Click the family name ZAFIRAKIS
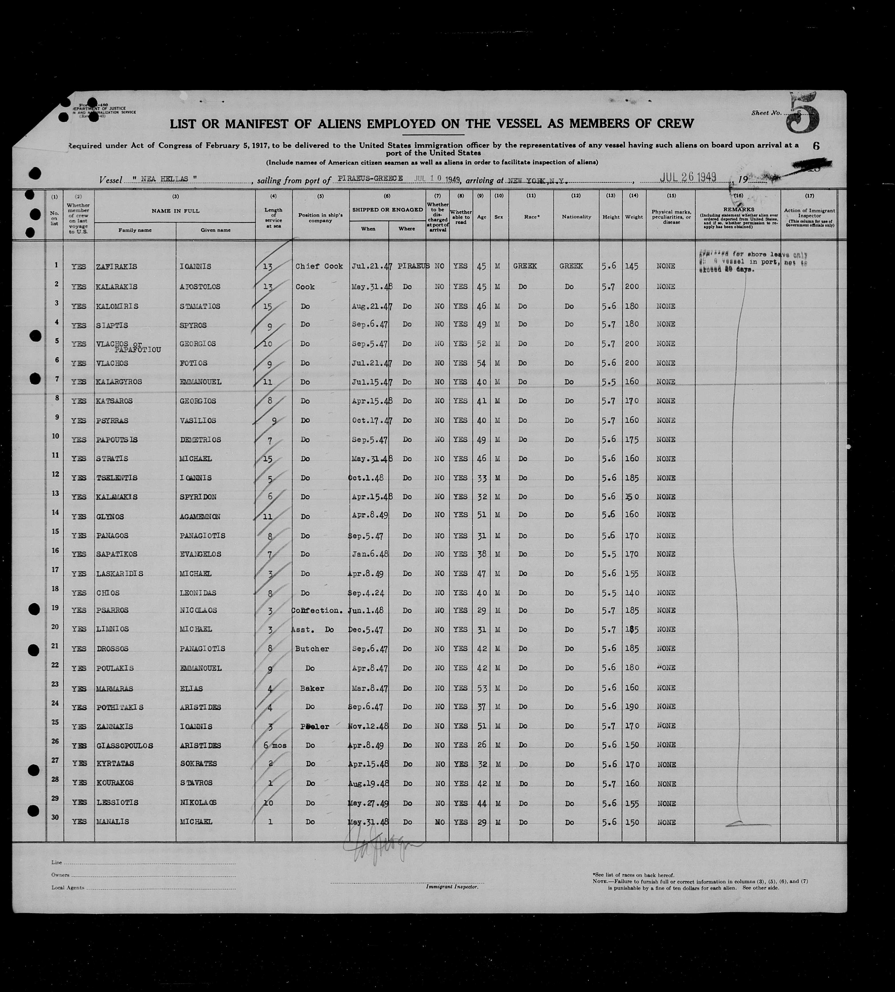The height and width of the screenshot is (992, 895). tap(117, 266)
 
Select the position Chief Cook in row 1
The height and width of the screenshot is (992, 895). tap(319, 266)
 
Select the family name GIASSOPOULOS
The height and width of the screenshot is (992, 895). tap(124, 746)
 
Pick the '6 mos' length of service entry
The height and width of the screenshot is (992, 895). tap(274, 745)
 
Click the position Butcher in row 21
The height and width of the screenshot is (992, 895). tap(312, 649)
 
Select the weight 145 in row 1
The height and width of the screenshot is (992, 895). tap(631, 266)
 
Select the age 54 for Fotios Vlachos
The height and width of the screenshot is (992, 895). tap(481, 363)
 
